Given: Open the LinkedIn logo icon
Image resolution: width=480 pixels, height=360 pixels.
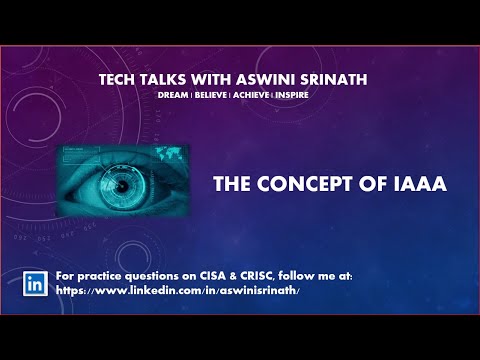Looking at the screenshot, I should point(36,282).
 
